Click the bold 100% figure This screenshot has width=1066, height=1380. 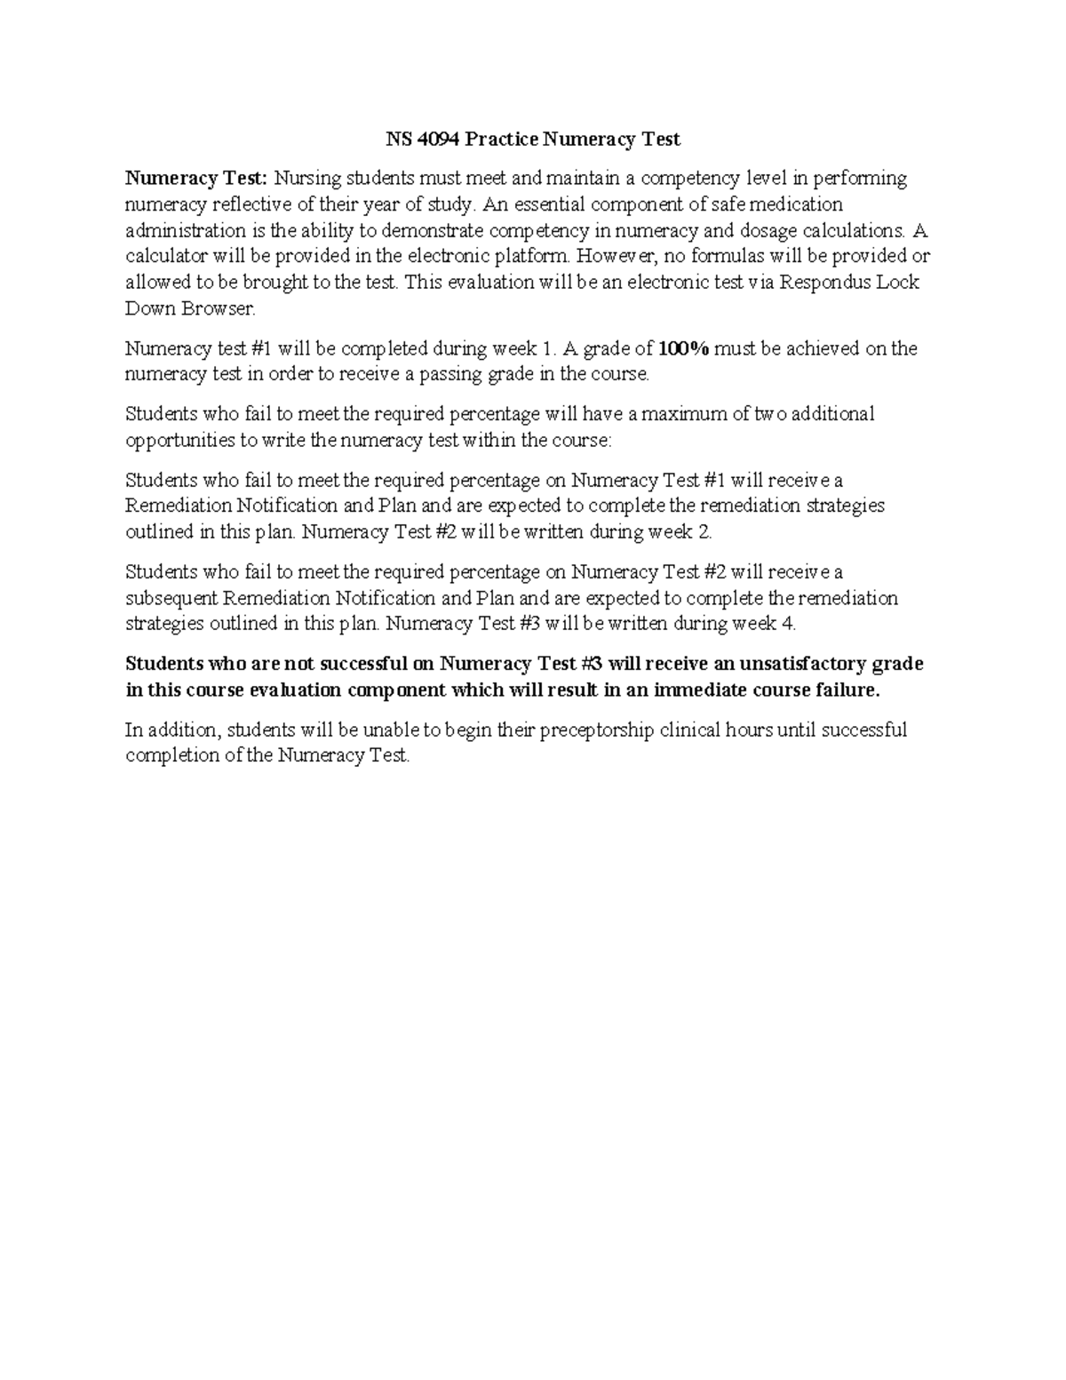pos(684,348)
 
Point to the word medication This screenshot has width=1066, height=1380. pos(797,204)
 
